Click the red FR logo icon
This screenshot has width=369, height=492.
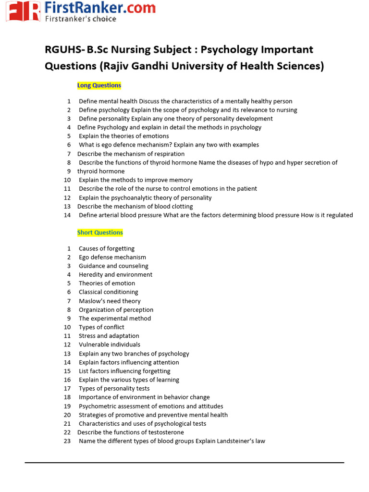24,11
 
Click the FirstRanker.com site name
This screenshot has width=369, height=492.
100,8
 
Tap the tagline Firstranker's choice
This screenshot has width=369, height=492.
80,19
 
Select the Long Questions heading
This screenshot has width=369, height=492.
99,86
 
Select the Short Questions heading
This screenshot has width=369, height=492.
100,233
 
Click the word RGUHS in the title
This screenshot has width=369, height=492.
63,50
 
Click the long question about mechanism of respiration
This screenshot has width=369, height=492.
131,154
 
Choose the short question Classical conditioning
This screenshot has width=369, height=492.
108,292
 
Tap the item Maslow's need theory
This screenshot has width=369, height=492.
110,301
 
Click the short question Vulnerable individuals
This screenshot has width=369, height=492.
110,344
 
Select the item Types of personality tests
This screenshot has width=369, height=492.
114,388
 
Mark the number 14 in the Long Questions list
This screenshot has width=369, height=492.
67,215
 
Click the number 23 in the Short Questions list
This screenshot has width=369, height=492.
67,441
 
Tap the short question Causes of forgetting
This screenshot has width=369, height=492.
107,248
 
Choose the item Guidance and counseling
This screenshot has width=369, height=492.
113,266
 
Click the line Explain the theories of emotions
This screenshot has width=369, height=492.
123,136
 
